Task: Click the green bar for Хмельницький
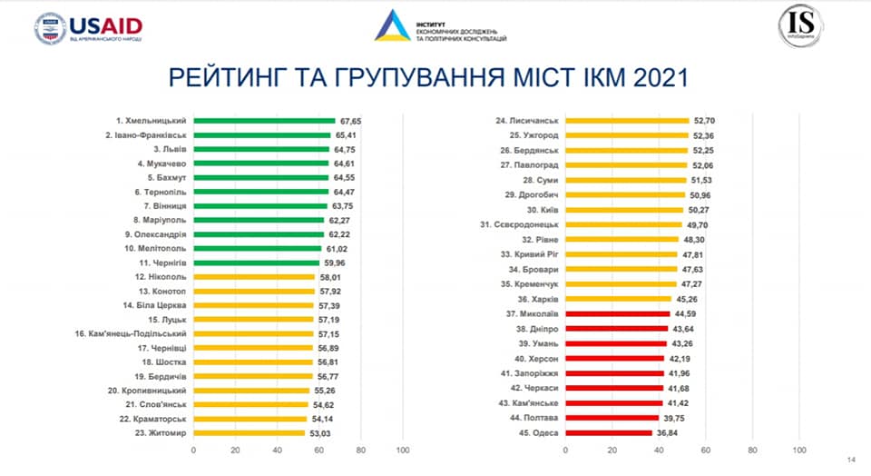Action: [264, 121]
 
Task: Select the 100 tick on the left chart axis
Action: [404, 450]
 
